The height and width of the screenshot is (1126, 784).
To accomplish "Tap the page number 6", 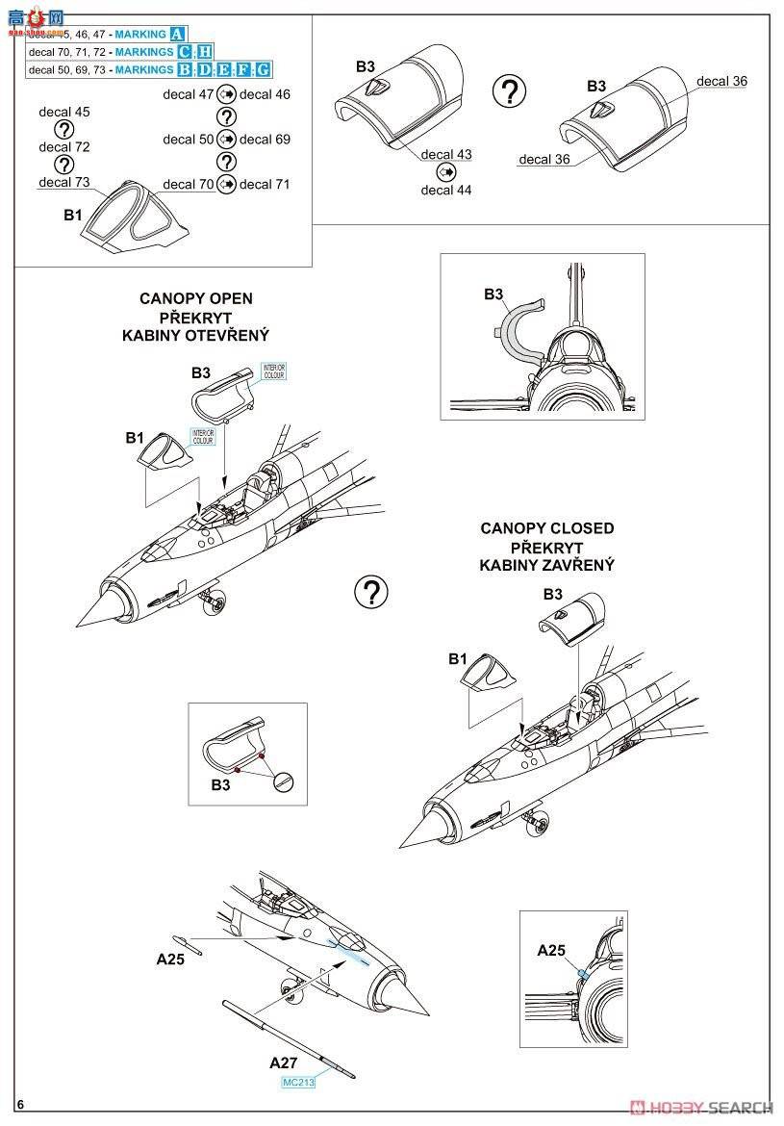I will [19, 1105].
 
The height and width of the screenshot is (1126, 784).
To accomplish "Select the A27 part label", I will [283, 1063].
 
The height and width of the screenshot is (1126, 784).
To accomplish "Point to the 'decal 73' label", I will [64, 182].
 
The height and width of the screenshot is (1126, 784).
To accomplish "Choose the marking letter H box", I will [204, 52].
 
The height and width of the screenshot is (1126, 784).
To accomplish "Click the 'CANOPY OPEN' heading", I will [195, 298].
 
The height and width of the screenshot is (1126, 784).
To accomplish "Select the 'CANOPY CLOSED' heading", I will [546, 528].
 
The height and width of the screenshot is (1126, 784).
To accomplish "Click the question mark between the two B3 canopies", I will [509, 92].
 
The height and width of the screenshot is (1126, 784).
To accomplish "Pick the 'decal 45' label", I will [64, 113].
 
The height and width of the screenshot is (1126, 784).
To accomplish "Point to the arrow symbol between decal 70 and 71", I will [226, 184].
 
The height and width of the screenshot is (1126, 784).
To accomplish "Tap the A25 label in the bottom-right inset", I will [551, 951].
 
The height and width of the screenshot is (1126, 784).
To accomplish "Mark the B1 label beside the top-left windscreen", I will [73, 216].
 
